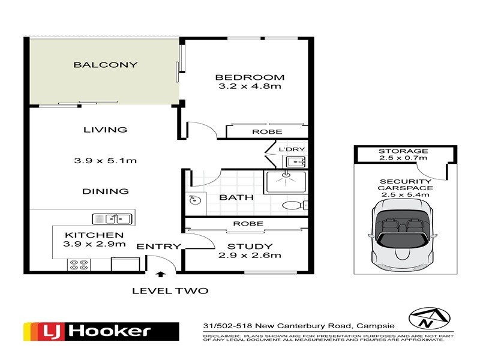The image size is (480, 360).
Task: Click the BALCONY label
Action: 105,65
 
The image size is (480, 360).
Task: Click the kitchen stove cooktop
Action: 80,264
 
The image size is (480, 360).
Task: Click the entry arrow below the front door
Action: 160,275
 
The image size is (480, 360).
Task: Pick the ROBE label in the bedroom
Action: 262,132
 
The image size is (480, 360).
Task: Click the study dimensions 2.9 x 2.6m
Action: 250,255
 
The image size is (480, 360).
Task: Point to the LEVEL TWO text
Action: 170,291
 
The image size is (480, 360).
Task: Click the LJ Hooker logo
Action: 101,331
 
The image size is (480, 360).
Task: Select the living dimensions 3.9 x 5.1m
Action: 105,160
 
